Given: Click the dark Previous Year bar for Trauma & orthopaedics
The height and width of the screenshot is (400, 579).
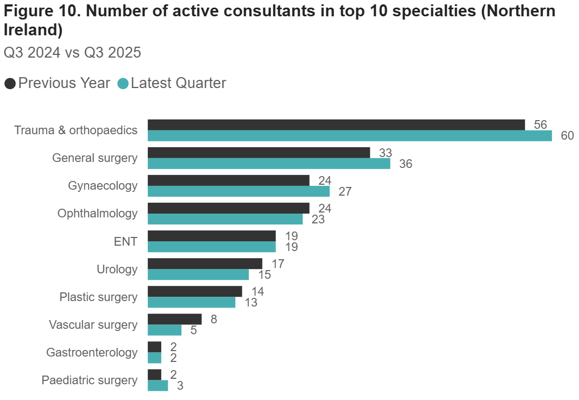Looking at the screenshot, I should click(x=336, y=124).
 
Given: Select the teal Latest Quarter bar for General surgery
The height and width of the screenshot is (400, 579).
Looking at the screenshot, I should click(x=269, y=164).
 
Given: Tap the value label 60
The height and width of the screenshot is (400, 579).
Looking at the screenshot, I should click(x=567, y=136).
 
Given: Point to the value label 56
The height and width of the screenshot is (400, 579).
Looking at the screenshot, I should click(x=540, y=124).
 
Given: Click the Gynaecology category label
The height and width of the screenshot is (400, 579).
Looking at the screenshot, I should click(x=103, y=186).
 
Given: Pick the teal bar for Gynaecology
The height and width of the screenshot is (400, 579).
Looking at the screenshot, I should click(x=238, y=191).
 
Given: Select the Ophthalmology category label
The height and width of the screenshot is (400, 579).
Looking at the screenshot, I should click(x=98, y=214).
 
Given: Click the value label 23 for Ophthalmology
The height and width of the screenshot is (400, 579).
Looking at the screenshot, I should click(x=318, y=219).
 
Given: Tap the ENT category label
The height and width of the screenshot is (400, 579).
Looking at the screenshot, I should click(x=125, y=241).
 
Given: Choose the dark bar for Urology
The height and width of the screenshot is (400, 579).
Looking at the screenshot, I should click(x=205, y=264).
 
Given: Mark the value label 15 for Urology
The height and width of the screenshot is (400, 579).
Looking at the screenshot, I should click(x=264, y=275).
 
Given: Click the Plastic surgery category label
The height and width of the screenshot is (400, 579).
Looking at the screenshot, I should click(x=98, y=297).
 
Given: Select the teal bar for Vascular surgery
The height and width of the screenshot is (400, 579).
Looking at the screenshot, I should click(x=165, y=330).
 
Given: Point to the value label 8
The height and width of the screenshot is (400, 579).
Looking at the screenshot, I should click(x=214, y=319).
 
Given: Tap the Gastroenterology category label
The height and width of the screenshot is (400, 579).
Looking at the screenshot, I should click(x=92, y=353).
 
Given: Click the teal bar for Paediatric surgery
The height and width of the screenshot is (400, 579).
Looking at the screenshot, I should click(x=158, y=386).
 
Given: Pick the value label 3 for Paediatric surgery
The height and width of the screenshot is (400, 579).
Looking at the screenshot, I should click(x=180, y=386).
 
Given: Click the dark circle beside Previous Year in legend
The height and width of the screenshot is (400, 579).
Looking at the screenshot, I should click(x=10, y=84).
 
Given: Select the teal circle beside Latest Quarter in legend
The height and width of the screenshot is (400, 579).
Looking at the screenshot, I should click(x=123, y=84).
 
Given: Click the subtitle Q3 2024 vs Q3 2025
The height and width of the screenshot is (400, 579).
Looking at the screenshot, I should click(x=72, y=53).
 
